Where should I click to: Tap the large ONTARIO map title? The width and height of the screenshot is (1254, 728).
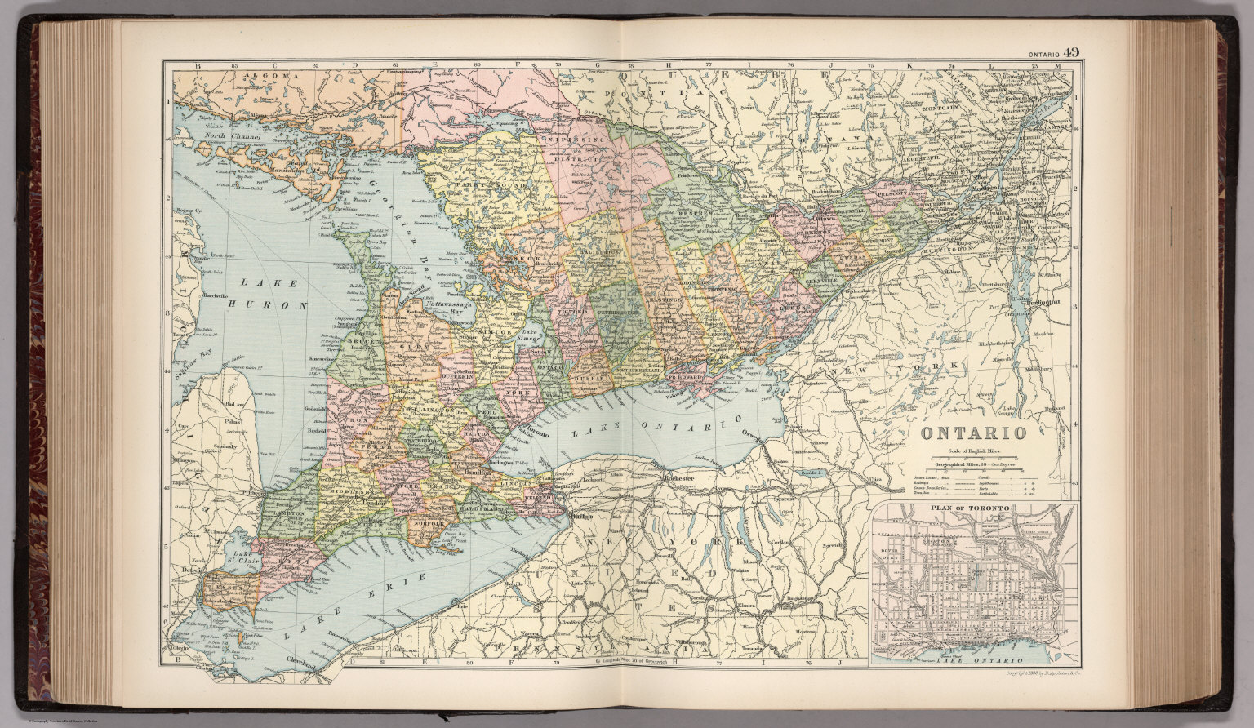point(968,433)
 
